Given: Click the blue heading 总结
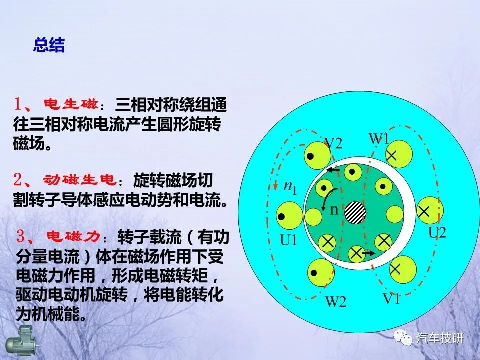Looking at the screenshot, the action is pyautogui.click(x=49, y=45).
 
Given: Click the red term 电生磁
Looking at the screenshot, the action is pyautogui.click(x=71, y=104).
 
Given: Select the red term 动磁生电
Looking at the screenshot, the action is pyautogui.click(x=80, y=180).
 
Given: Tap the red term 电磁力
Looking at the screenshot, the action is pyautogui.click(x=73, y=236).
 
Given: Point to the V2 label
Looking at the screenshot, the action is pyautogui.click(x=333, y=143).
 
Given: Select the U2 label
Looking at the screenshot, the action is pyautogui.click(x=438, y=233).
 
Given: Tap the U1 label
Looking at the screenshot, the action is pyautogui.click(x=288, y=240).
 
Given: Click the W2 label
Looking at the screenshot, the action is pyautogui.click(x=336, y=301).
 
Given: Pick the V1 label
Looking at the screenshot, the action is pyautogui.click(x=391, y=298).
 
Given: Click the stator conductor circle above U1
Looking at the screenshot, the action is pyautogui.click(x=289, y=215).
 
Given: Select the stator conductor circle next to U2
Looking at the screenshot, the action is pyautogui.click(x=430, y=210).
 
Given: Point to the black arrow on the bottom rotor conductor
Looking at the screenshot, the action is pyautogui.click(x=368, y=253).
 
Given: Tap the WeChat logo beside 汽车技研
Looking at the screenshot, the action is pyautogui.click(x=403, y=338).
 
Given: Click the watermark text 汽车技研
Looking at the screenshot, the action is pyautogui.click(x=440, y=338).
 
